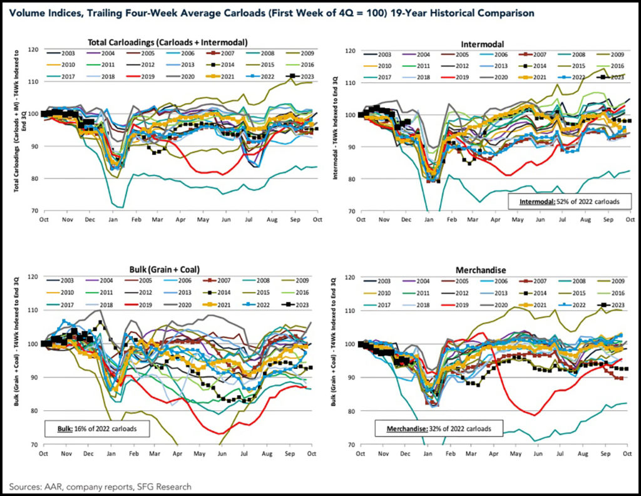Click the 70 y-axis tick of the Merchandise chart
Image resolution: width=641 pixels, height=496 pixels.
353,445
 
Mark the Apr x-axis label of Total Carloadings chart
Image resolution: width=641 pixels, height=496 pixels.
180,219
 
